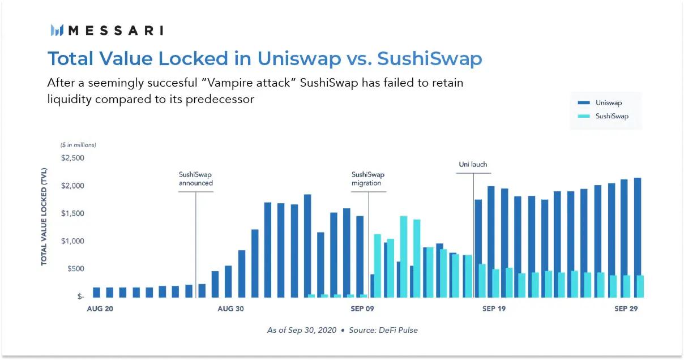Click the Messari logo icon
coord(57,31)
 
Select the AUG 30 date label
coord(231,309)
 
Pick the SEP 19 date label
coord(494,309)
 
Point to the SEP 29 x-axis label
coord(626,309)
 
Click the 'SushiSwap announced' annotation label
coord(196,179)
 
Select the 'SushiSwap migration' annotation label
coord(368,179)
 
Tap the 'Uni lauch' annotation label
coord(473,165)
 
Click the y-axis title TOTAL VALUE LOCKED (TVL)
coord(44,217)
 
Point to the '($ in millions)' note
coord(78,145)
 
